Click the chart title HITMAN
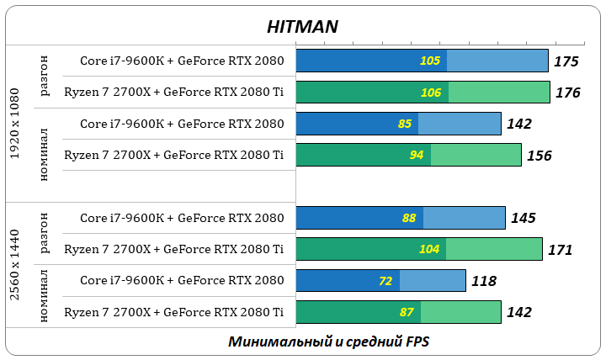click(x=302, y=26)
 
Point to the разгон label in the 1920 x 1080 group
click(x=45, y=77)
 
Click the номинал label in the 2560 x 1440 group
click(x=45, y=295)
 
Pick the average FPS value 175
click(x=566, y=61)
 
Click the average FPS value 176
click(x=568, y=93)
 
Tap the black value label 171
click(x=560, y=250)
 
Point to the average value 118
click(x=483, y=281)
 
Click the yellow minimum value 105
click(x=429, y=61)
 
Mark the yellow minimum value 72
click(x=385, y=281)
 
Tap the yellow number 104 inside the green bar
click(x=429, y=249)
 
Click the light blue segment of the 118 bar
click(x=433, y=281)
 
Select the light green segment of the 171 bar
click(x=494, y=249)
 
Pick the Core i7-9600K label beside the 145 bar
click(x=182, y=218)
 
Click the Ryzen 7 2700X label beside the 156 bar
click(x=173, y=155)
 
